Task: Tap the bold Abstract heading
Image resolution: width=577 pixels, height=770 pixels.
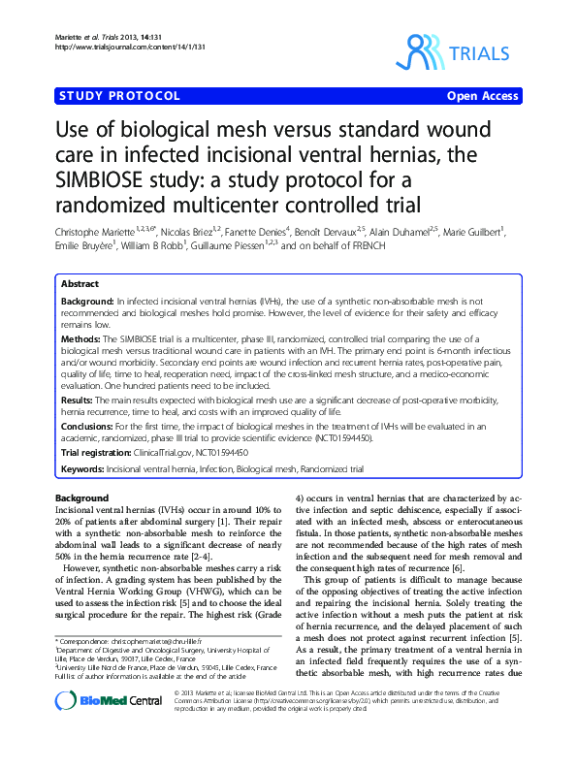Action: [x=79, y=284]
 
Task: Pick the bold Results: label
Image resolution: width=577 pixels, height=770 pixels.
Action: [x=78, y=398]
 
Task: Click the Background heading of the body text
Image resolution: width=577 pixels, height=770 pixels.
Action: [x=82, y=497]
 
